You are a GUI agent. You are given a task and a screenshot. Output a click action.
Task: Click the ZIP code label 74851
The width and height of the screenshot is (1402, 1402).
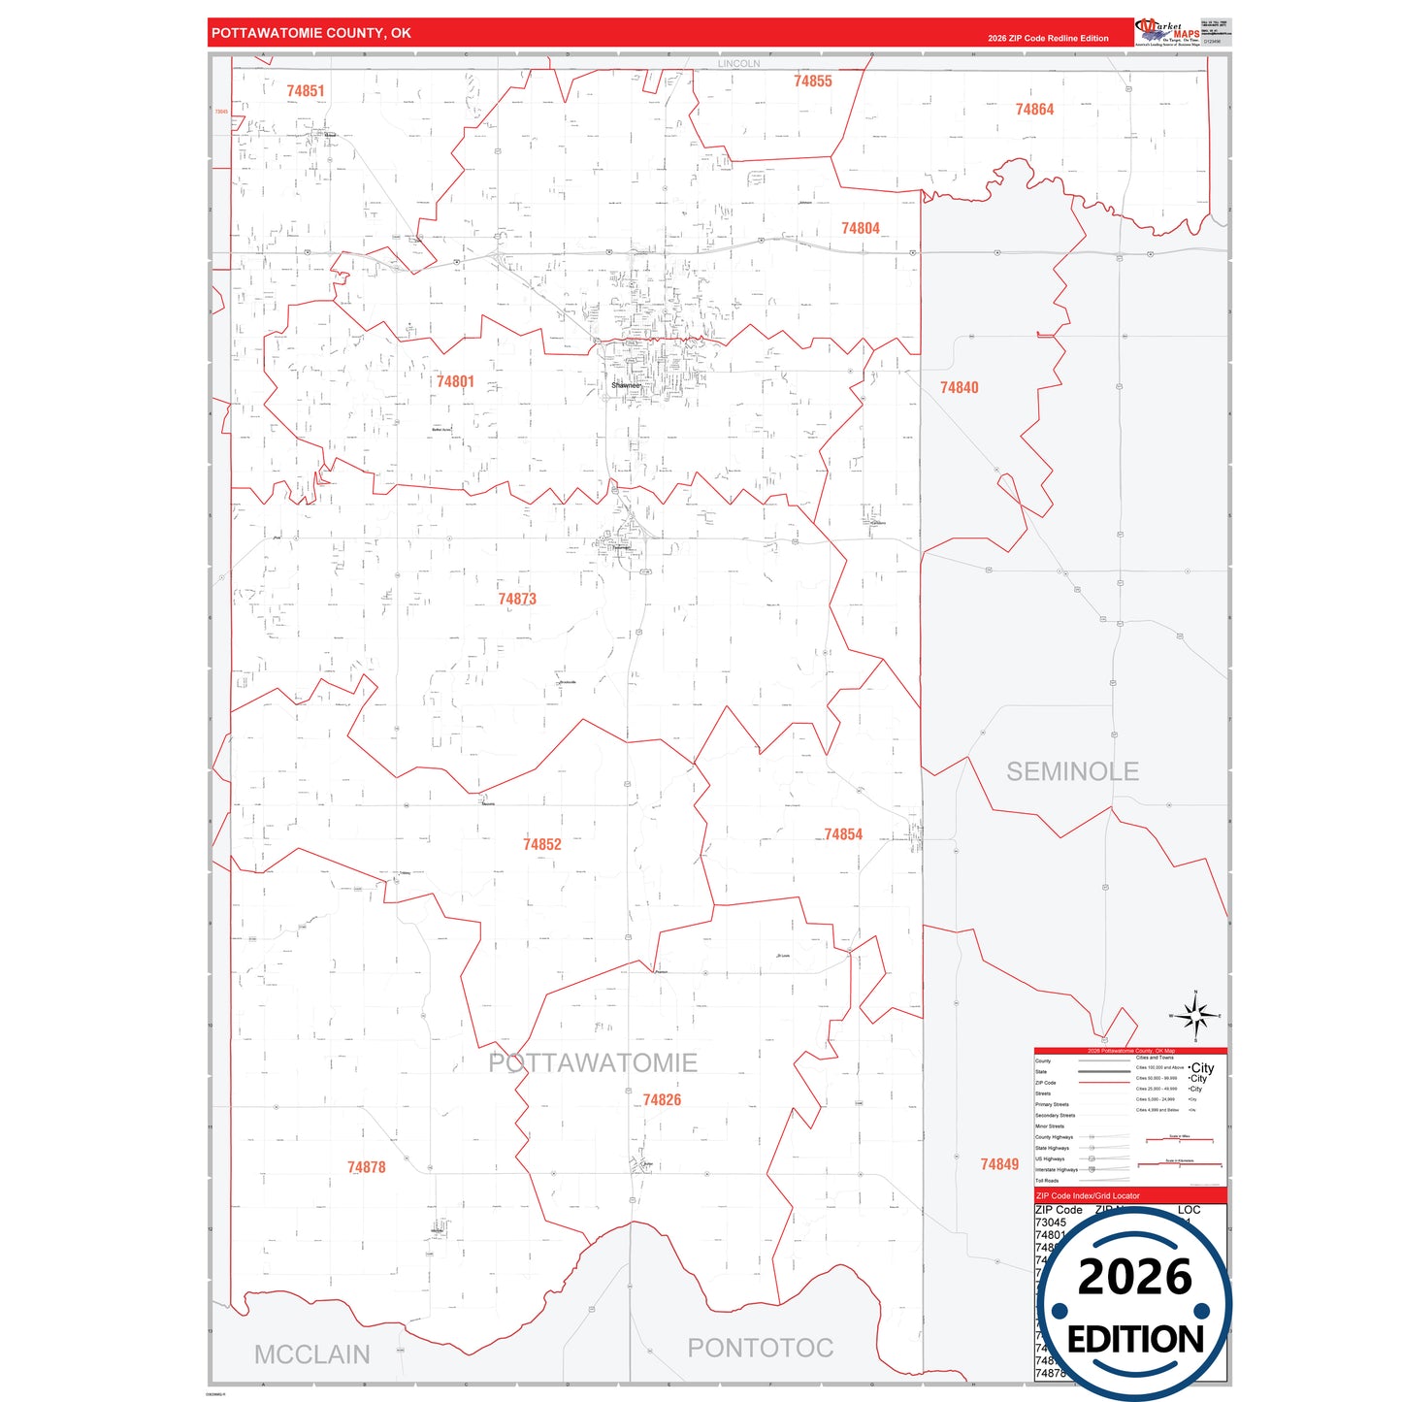306,91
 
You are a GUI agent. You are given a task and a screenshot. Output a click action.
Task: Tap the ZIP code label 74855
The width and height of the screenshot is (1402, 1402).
813,82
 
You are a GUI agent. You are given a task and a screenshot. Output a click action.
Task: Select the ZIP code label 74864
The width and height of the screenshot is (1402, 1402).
1034,110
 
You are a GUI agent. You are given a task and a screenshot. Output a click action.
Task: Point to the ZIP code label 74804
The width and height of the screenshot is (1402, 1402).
861,229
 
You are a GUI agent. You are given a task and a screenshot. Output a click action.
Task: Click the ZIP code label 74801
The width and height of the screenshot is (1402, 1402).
455,382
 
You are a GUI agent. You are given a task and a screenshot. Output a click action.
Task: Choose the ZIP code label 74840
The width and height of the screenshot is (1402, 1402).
959,388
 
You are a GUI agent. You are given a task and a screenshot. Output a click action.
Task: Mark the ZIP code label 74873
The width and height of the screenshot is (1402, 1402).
517,600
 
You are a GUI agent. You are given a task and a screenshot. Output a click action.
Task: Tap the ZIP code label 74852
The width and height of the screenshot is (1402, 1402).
542,845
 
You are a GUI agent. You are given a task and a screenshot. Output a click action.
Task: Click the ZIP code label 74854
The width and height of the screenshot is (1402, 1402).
843,834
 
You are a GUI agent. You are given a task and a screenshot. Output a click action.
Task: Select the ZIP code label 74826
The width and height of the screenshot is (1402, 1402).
662,1100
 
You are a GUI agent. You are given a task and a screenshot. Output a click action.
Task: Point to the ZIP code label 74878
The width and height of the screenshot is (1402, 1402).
367,1167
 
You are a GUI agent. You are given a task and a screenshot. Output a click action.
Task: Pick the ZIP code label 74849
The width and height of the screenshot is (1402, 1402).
999,1164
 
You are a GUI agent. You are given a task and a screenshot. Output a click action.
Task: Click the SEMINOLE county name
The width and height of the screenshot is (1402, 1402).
1072,771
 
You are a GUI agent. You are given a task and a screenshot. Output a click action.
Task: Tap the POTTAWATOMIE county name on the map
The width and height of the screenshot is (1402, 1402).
593,1063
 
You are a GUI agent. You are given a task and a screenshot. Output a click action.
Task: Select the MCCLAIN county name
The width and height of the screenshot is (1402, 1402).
312,1354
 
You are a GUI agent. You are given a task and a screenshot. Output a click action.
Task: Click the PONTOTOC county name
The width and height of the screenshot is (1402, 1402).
761,1348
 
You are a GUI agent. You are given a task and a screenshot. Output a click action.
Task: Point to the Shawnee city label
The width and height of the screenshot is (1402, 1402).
626,385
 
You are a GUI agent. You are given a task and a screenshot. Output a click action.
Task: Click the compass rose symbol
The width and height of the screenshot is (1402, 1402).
1196,1016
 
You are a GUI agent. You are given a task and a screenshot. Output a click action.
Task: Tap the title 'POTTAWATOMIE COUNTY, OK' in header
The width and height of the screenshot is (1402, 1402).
311,33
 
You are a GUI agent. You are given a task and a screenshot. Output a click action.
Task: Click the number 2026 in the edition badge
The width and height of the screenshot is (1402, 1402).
1134,1277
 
